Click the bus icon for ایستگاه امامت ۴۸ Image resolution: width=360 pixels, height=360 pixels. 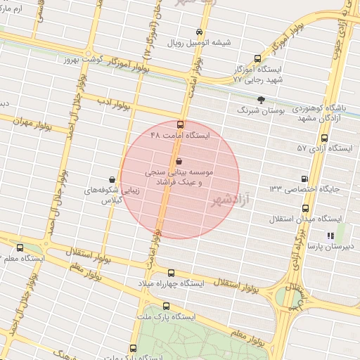click(180, 124)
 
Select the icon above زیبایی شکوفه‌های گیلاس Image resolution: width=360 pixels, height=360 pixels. click(112, 179)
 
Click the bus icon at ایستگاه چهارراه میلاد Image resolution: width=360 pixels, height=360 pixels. click(171, 273)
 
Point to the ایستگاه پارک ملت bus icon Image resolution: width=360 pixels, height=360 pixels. click(167, 306)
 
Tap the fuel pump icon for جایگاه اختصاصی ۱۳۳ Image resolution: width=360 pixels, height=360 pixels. click(304, 179)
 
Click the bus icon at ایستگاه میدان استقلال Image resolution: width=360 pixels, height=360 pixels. click(305, 209)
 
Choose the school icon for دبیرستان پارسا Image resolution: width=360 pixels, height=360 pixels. click(330, 236)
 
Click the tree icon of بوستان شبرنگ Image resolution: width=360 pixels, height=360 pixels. click(262, 100)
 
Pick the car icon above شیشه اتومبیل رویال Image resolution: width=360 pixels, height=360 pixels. click(200, 32)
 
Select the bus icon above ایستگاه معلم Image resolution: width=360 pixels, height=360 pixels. click(19, 247)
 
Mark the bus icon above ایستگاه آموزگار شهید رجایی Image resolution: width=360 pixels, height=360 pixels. click(257, 59)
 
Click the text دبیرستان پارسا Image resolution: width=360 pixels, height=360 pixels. click(335, 247)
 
